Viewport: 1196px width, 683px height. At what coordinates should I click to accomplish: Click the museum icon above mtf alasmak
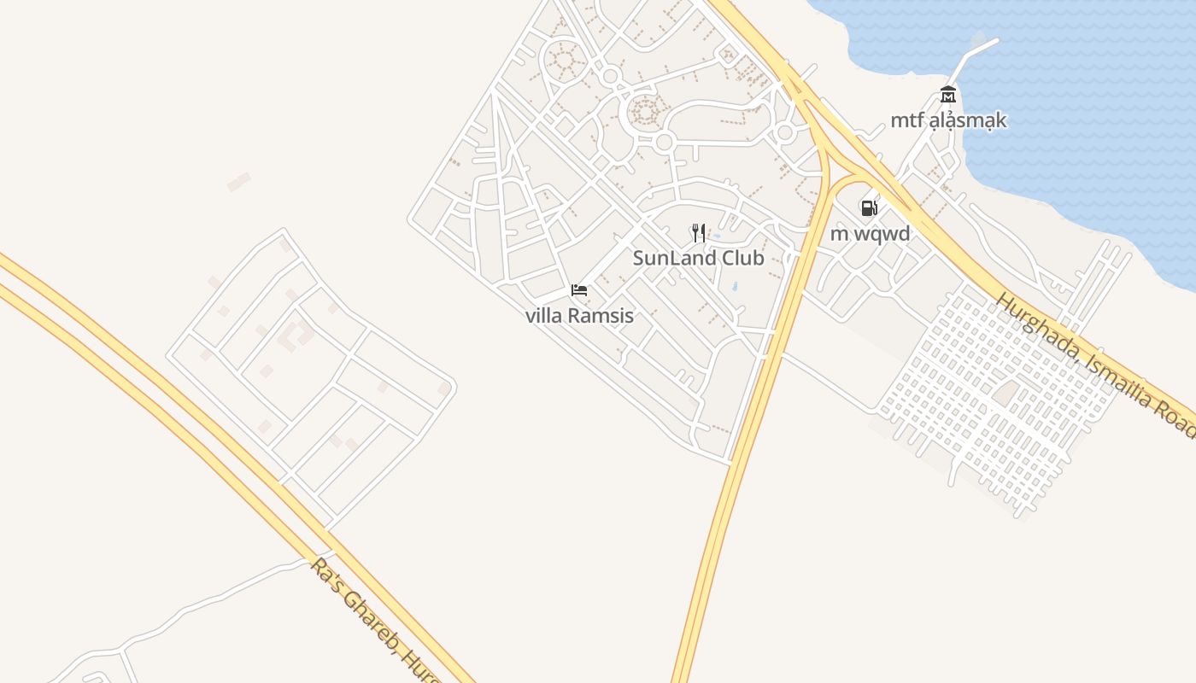coord(947,95)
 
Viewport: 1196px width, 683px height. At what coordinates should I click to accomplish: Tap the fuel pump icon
coord(869,207)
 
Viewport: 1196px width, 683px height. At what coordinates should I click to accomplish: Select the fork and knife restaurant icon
coord(699,232)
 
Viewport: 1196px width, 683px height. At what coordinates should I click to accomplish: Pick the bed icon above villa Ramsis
coord(579,290)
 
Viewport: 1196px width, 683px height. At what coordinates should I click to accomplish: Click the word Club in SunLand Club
coord(742,258)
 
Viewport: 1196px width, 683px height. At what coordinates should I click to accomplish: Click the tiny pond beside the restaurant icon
coord(716,236)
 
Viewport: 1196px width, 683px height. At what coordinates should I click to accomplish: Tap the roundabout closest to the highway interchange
coord(784,132)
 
